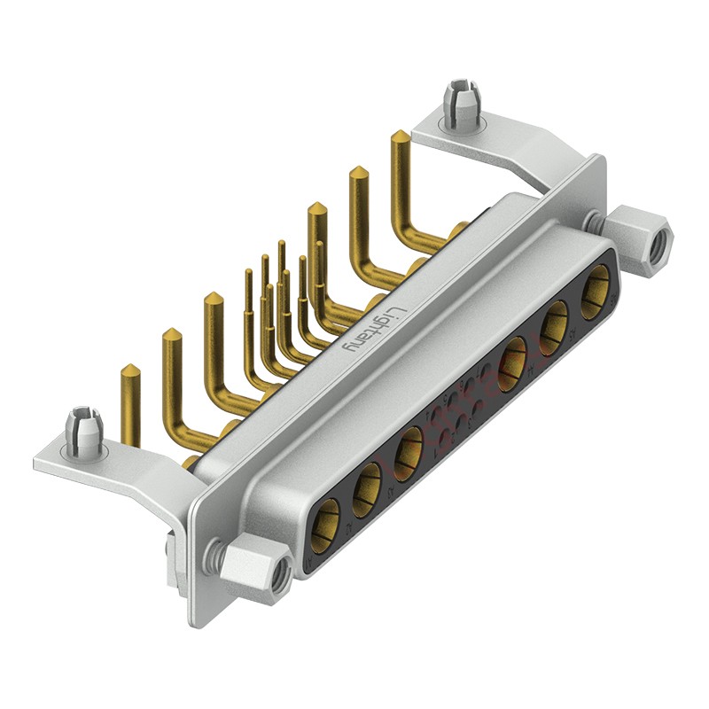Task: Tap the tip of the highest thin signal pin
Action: (x=281, y=244)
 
